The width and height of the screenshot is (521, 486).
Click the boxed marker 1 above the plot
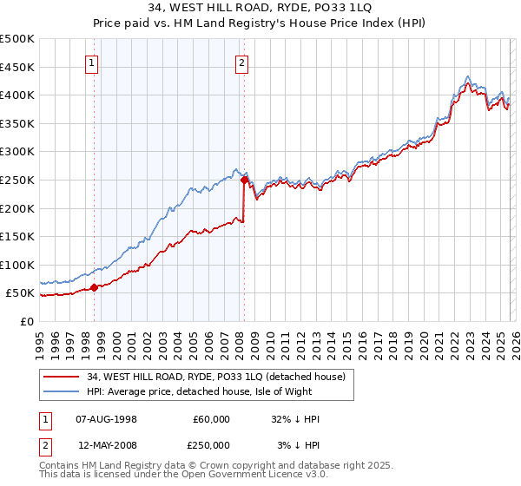point(91,62)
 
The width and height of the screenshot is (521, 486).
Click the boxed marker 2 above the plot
point(241,62)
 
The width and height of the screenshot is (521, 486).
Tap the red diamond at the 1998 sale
point(94,288)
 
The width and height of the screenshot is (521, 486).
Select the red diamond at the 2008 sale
point(244,181)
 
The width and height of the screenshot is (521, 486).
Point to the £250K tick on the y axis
point(17,180)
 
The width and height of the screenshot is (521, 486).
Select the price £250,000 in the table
point(211,445)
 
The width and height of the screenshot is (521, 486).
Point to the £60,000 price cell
point(211,419)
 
